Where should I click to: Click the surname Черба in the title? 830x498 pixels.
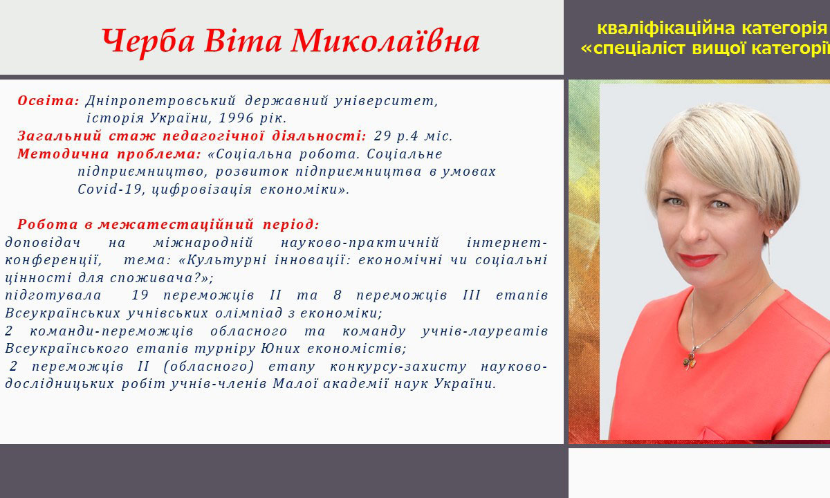(148, 41)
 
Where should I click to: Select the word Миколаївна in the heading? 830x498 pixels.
(385, 40)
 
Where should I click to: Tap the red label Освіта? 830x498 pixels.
(48, 100)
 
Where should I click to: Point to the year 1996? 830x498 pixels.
(236, 118)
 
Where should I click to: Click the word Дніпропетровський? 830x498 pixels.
(160, 101)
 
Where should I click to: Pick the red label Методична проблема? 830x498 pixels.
(109, 154)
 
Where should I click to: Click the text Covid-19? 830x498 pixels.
(110, 190)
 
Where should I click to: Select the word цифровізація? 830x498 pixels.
(202, 190)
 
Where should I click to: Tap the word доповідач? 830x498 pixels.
(43, 243)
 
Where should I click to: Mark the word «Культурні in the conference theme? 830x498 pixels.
(222, 260)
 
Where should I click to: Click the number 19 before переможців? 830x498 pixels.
(140, 295)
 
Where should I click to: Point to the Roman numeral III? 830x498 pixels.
(471, 295)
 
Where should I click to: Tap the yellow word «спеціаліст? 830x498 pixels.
(633, 49)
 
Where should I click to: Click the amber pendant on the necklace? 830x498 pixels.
(690, 360)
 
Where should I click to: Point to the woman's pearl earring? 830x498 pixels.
(772, 232)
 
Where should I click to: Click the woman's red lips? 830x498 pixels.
(697, 260)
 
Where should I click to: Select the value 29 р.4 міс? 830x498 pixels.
(413, 136)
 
